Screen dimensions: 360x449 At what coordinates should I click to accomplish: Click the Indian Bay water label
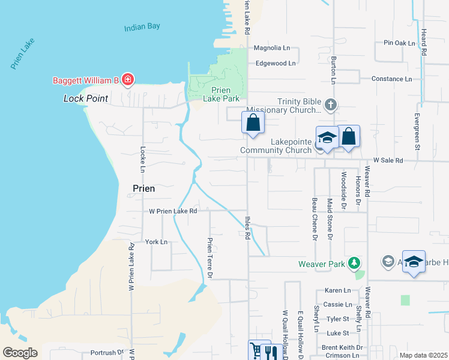pyautogui.click(x=143, y=28)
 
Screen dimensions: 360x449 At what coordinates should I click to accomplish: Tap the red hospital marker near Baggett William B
pyautogui.click(x=127, y=79)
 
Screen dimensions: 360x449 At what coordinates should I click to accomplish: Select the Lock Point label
pyautogui.click(x=86, y=98)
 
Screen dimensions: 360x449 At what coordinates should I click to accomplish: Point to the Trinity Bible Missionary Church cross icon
pyautogui.click(x=330, y=106)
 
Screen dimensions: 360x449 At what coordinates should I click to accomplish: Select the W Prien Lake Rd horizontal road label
pyautogui.click(x=173, y=211)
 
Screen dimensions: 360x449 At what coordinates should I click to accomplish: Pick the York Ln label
pyautogui.click(x=156, y=242)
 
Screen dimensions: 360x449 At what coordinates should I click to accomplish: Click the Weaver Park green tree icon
pyautogui.click(x=355, y=263)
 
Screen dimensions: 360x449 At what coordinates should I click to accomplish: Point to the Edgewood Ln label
pyautogui.click(x=276, y=63)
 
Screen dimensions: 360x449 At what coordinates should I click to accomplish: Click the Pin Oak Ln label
pyautogui.click(x=400, y=43)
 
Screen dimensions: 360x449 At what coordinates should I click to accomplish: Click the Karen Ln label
pyautogui.click(x=337, y=290)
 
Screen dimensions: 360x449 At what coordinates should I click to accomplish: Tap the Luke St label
pyautogui.click(x=338, y=333)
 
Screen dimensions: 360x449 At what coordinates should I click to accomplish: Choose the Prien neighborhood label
pyautogui.click(x=143, y=188)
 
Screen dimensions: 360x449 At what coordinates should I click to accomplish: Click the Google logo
pyautogui.click(x=19, y=353)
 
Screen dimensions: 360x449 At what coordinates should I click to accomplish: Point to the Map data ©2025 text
pyautogui.click(x=423, y=355)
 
